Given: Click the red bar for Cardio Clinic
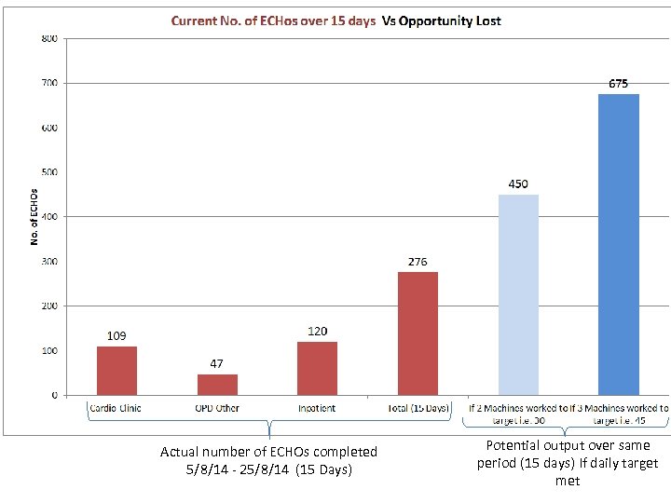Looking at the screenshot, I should pyautogui.click(x=116, y=371).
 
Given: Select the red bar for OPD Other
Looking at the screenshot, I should pyautogui.click(x=217, y=385).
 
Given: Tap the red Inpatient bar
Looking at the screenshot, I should pyautogui.click(x=317, y=368).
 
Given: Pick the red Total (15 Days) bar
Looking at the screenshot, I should pyautogui.click(x=418, y=333).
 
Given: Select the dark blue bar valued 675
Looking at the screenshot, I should pyautogui.click(x=619, y=244).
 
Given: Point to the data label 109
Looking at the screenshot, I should pyautogui.click(x=116, y=335).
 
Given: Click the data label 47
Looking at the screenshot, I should pyautogui.click(x=216, y=363).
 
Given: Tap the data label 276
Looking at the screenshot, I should pyautogui.click(x=418, y=262).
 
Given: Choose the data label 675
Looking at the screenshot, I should pyautogui.click(x=619, y=84).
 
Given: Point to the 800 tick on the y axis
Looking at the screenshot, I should pyautogui.click(x=48, y=38).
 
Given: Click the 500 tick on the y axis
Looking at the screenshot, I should pyautogui.click(x=48, y=172).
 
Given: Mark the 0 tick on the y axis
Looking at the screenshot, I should pyautogui.click(x=54, y=396).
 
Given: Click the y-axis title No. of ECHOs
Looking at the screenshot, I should pyautogui.click(x=34, y=217).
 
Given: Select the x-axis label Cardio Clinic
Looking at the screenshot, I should pyautogui.click(x=116, y=408).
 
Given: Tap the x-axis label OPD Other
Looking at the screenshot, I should pyautogui.click(x=217, y=408).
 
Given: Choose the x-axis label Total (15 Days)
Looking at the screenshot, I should pyautogui.click(x=418, y=408).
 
